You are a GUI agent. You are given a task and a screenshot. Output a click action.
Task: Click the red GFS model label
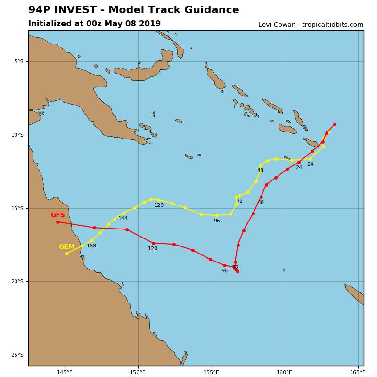[x=58, y=215]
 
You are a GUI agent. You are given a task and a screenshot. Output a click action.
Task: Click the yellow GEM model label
[x=66, y=246]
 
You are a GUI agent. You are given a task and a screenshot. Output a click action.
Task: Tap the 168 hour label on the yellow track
[x=91, y=246]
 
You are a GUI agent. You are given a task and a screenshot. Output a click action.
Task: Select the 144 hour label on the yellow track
[x=123, y=218]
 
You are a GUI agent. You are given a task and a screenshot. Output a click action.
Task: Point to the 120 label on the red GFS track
[x=153, y=248]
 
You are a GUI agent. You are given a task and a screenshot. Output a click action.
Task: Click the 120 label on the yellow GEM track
[x=159, y=205]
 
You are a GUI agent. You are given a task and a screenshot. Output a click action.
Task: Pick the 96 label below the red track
[x=224, y=270]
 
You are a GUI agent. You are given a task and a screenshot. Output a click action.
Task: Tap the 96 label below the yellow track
[x=217, y=221]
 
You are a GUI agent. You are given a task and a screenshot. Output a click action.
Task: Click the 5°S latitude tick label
[x=19, y=61]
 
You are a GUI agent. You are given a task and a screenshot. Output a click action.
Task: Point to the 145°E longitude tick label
[x=65, y=372]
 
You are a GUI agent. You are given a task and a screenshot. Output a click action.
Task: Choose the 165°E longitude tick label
[x=358, y=372]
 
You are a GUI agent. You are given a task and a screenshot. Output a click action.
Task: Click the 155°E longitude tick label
[x=211, y=372]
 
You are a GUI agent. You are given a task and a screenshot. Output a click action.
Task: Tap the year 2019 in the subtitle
[x=149, y=24]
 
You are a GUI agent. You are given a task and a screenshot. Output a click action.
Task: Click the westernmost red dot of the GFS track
[x=57, y=222]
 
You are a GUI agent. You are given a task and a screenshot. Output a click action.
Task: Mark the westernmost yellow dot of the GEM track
[x=66, y=254]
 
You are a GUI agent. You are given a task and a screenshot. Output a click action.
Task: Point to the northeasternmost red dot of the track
[x=335, y=124]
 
